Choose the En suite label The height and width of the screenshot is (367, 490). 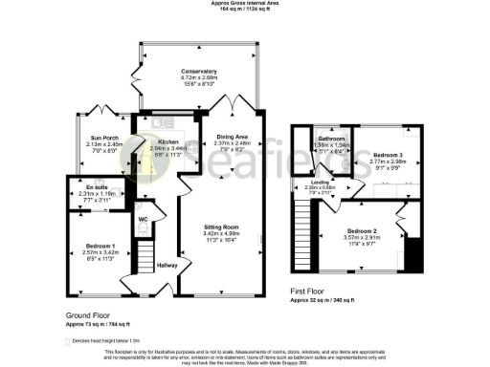coord(95,187)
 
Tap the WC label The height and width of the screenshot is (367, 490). coord(142,219)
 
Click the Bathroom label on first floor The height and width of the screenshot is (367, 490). coord(331,139)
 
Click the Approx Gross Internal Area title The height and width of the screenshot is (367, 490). coord(245,4)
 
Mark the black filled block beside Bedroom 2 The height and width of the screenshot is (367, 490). coord(412,254)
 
